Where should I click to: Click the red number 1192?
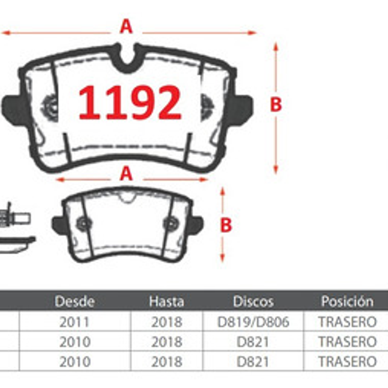pos(130,102)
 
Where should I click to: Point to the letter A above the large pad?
pos(126,26)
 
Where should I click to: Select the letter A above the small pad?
pos(126,174)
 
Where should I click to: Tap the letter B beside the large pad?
pos(276,105)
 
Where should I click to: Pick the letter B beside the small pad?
pos(226,225)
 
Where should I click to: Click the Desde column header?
pos(75,302)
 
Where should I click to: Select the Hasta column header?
pos(166,302)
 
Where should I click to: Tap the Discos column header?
pos(253,302)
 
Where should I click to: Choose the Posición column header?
pos(347,302)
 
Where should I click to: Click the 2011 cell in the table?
pos(75,322)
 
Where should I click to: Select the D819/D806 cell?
pos(253,322)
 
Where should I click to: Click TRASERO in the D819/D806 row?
pos(347,322)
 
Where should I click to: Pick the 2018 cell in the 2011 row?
pos(166,322)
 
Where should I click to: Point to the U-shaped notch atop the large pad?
pos(128,58)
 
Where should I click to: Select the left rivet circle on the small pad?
pos(83,223)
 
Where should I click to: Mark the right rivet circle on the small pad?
pos(170,223)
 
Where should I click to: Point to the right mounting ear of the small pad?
pos(197,223)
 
